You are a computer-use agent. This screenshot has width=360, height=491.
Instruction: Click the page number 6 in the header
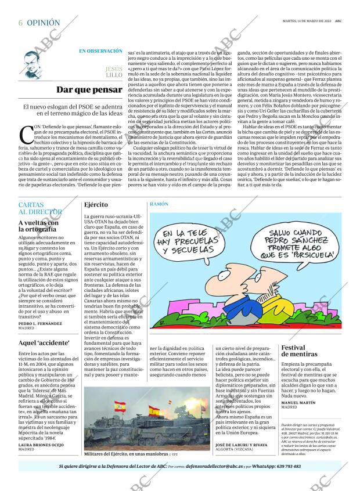click(20, 23)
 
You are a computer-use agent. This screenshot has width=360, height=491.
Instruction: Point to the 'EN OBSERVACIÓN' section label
click(100, 51)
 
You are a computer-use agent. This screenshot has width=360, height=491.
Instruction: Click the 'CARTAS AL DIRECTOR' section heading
click(40, 209)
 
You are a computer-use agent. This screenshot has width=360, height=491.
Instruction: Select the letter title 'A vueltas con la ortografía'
click(38, 226)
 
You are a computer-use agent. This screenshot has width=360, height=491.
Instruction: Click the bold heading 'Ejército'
click(96, 205)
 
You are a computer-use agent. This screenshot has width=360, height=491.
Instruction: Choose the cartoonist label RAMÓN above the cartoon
click(159, 205)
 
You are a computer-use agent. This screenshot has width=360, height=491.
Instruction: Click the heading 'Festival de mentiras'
click(300, 351)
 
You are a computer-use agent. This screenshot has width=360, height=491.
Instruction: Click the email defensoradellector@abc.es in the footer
click(218, 467)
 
